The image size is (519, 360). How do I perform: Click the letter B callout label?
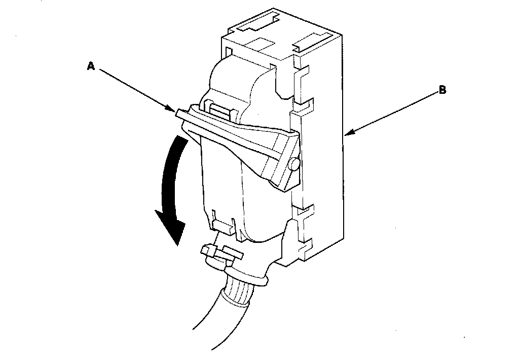442,91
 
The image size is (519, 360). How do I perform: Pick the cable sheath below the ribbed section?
213,325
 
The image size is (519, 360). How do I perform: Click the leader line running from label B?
393,113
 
